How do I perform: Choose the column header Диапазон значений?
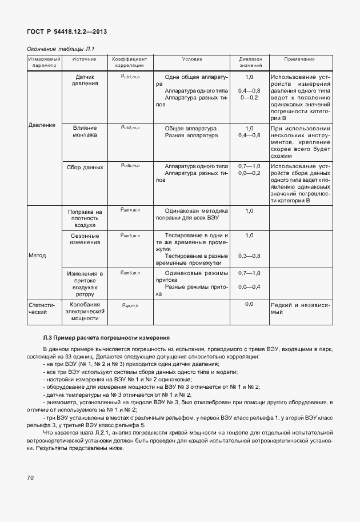pyautogui.click(x=249, y=62)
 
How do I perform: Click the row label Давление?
pyautogui.click(x=42, y=125)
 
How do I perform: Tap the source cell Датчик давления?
pyautogui.click(x=85, y=80)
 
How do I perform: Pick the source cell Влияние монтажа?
pyautogui.click(x=85, y=132)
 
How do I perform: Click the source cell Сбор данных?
pyautogui.click(x=85, y=168)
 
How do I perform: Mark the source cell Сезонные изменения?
pyautogui.click(x=85, y=239)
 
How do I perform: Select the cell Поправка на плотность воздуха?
pyautogui.click(x=85, y=218)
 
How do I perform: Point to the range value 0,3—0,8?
pyautogui.click(x=249, y=256)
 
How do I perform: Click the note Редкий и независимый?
pyautogui.click(x=299, y=309)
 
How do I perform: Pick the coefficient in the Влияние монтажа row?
pyautogui.click(x=130, y=128)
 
